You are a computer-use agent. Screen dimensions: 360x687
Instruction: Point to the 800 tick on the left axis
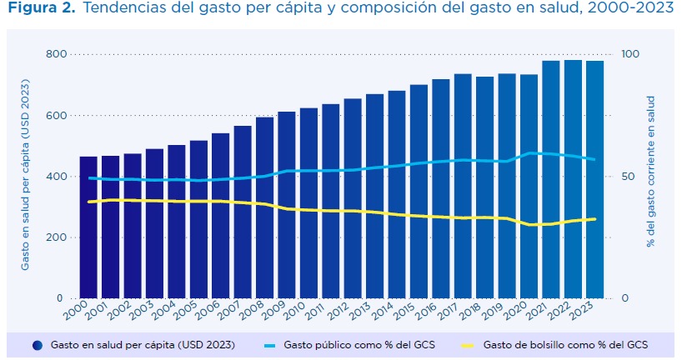[54, 54]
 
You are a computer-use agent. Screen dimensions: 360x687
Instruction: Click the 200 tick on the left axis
[54, 237]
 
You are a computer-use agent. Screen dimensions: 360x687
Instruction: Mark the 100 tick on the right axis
[630, 54]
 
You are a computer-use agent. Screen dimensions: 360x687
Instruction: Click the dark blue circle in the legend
[38, 344]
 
